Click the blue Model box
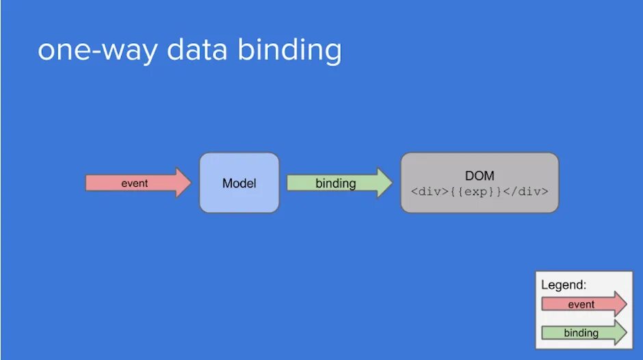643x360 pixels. pyautogui.click(x=239, y=183)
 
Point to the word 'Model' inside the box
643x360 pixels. pyautogui.click(x=239, y=183)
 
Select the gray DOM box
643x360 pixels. pyautogui.click(x=480, y=183)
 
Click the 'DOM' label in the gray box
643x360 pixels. pyautogui.click(x=480, y=176)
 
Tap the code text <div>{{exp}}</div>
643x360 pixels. pyautogui.click(x=480, y=192)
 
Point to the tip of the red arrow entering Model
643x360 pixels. pyautogui.click(x=191, y=183)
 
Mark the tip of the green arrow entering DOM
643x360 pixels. pyautogui.click(x=392, y=183)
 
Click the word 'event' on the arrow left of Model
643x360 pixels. pyautogui.click(x=135, y=183)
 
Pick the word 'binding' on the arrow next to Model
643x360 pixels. pyautogui.click(x=336, y=183)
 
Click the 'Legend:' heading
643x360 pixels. pyautogui.click(x=564, y=285)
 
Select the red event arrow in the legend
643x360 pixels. pyautogui.click(x=583, y=304)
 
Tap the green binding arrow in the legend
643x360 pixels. pyautogui.click(x=583, y=333)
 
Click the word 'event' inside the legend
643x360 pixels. pyautogui.click(x=581, y=305)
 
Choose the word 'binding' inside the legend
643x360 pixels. pyautogui.click(x=581, y=333)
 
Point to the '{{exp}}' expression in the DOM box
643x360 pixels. pyautogui.click(x=479, y=192)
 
